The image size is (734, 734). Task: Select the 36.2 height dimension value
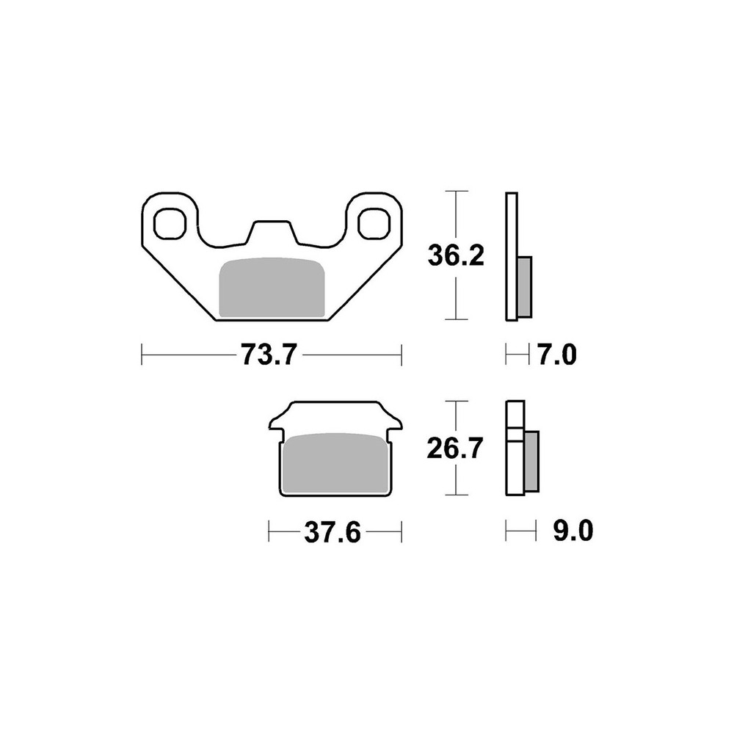(x=457, y=257)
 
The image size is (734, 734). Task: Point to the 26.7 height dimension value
(x=457, y=448)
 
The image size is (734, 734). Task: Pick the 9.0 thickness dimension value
(x=573, y=531)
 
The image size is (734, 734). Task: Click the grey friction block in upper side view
(x=525, y=286)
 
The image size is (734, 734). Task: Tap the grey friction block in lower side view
(x=531, y=462)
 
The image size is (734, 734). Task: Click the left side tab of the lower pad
(x=276, y=424)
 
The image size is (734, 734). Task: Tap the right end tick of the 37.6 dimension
(x=401, y=531)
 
